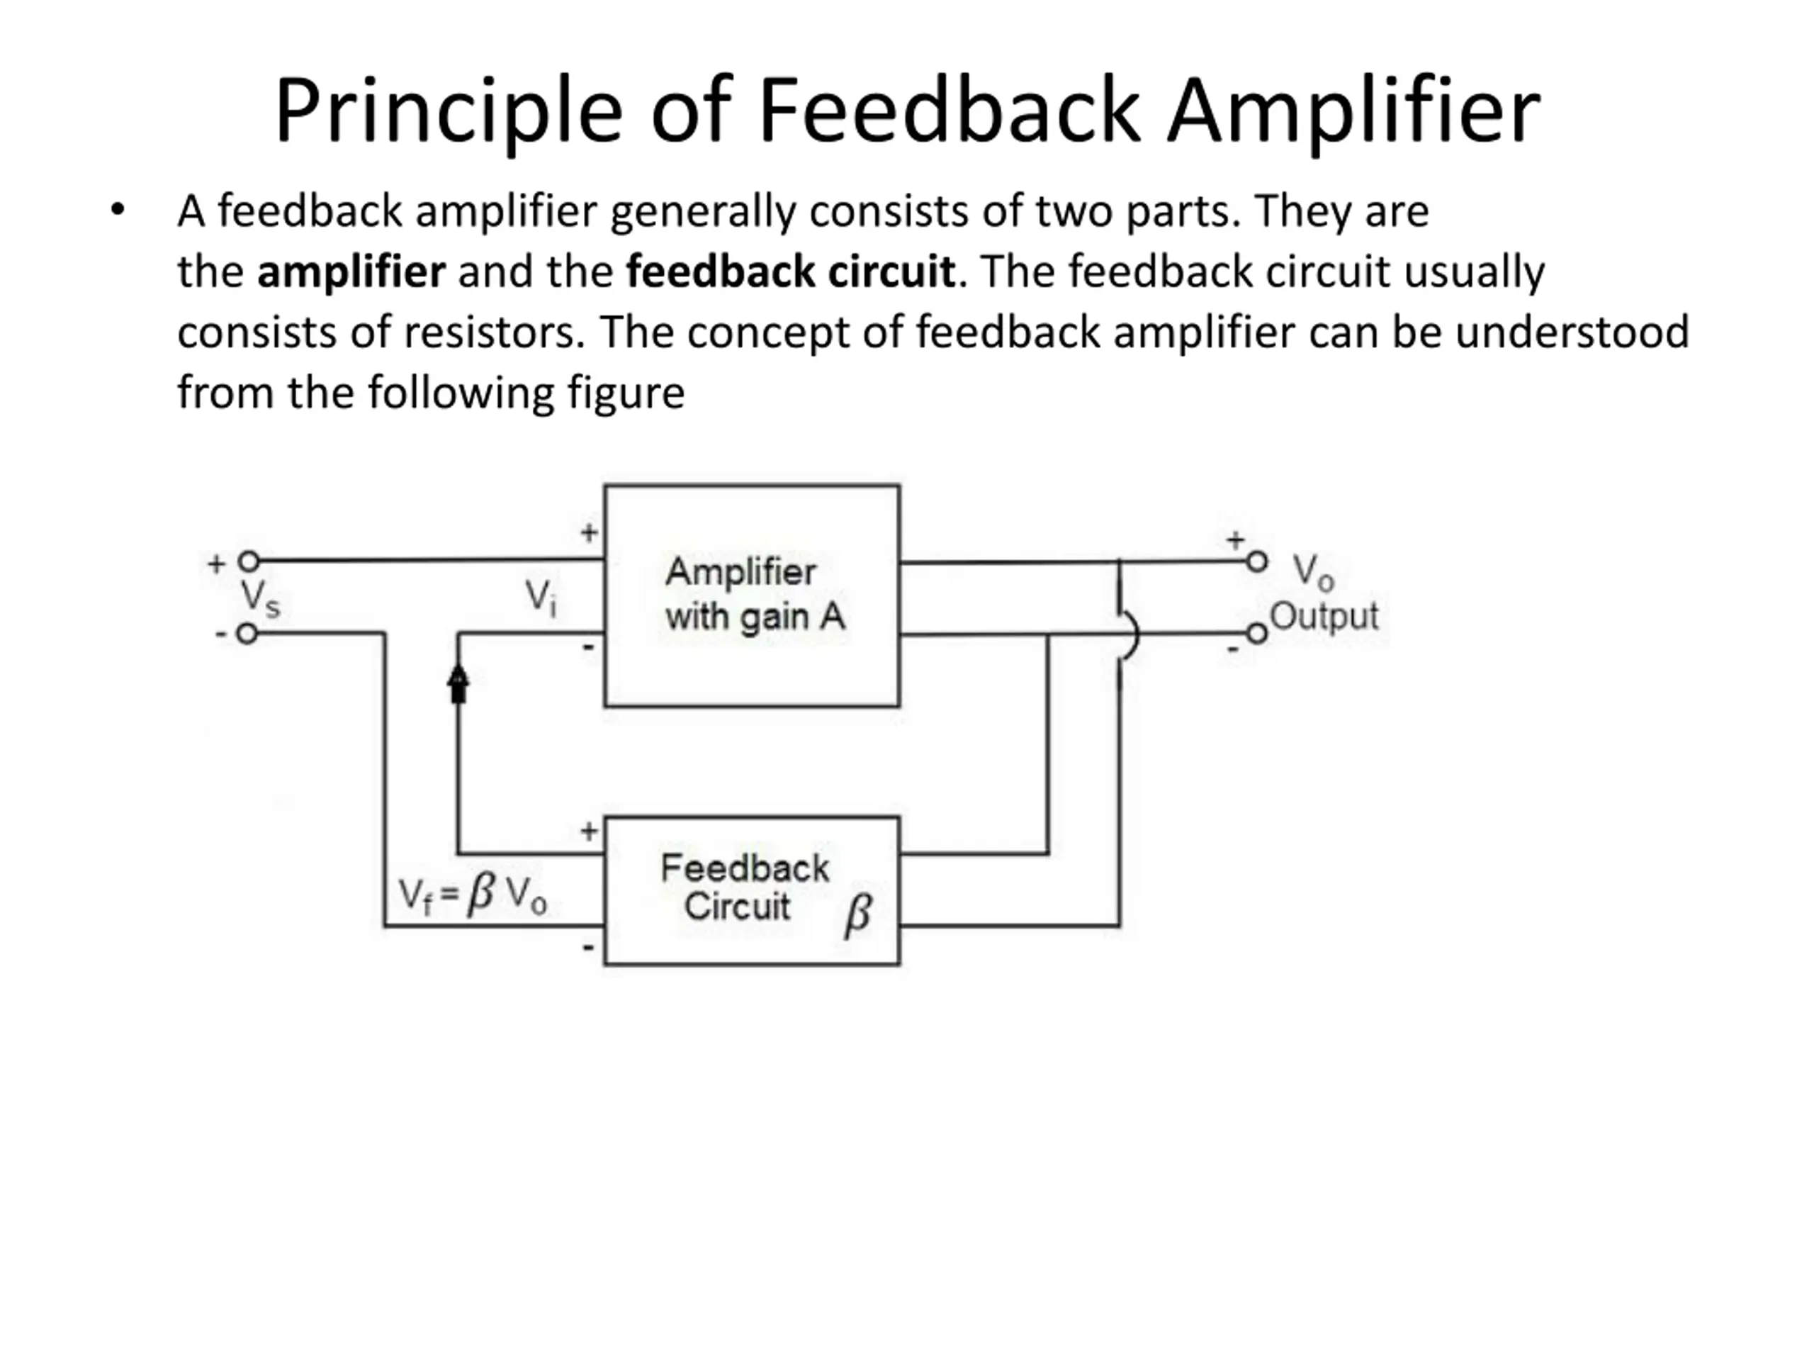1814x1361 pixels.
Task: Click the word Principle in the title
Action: (448, 111)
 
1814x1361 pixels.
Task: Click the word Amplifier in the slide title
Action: (1353, 111)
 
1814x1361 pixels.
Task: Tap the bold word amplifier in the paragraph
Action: (351, 271)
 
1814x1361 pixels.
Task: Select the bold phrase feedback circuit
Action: (791, 271)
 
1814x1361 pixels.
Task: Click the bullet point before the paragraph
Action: (118, 210)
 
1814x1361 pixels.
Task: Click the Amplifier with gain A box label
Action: (753, 594)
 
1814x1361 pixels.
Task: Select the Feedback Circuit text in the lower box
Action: (743, 887)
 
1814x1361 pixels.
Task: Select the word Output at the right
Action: (1324, 616)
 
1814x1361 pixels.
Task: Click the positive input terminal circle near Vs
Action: (249, 562)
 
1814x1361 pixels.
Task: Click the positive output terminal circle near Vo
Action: (1256, 562)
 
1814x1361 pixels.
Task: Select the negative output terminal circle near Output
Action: (1256, 634)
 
